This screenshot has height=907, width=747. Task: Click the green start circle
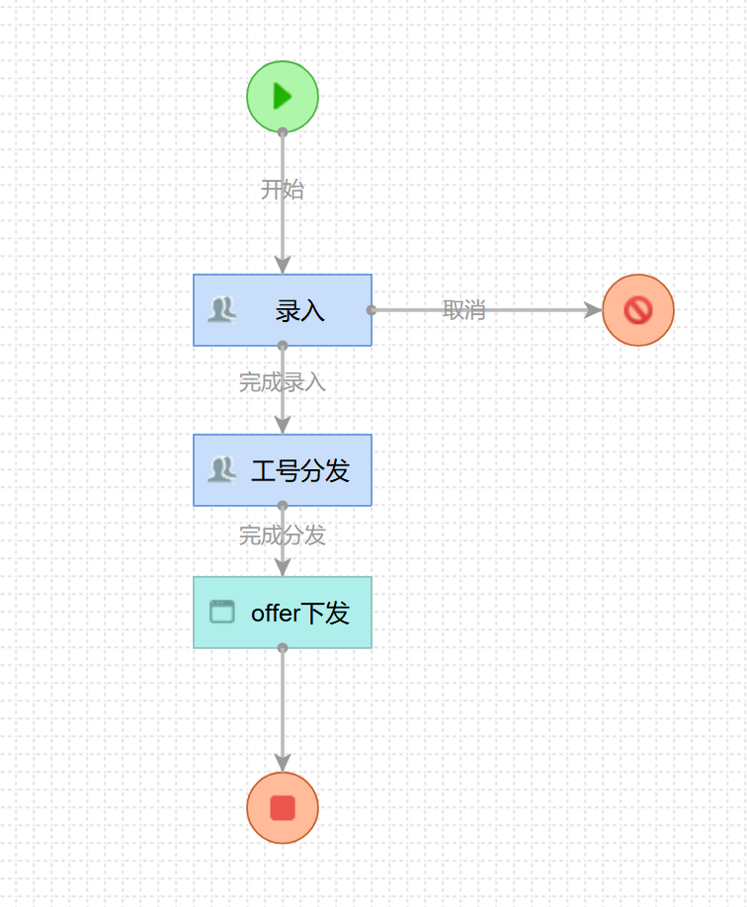pyautogui.click(x=283, y=96)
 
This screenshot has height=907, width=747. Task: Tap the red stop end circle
pyautogui.click(x=283, y=808)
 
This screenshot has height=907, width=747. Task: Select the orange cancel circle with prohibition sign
pyautogui.click(x=638, y=310)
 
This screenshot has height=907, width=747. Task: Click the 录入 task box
pyautogui.click(x=283, y=310)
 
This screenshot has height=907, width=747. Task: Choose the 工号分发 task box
pyautogui.click(x=283, y=470)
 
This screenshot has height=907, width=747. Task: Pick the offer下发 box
pyautogui.click(x=283, y=613)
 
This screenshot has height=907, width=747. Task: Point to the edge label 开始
pyautogui.click(x=283, y=190)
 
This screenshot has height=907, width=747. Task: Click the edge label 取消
pyautogui.click(x=463, y=310)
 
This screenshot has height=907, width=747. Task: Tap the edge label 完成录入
pyautogui.click(x=283, y=382)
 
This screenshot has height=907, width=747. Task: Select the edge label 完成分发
pyautogui.click(x=283, y=536)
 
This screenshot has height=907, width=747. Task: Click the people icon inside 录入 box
pyautogui.click(x=221, y=310)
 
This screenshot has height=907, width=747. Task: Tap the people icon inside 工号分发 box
pyautogui.click(x=221, y=469)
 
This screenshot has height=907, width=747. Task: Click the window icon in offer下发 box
pyautogui.click(x=222, y=613)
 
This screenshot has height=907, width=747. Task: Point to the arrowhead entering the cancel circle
pyautogui.click(x=593, y=310)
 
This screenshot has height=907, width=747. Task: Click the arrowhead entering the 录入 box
pyautogui.click(x=283, y=265)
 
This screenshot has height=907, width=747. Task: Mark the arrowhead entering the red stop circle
pyautogui.click(x=283, y=763)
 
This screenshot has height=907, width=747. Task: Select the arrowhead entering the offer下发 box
pyautogui.click(x=283, y=567)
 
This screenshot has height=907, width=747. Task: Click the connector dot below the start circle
pyautogui.click(x=283, y=131)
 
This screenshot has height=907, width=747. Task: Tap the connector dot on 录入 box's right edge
pyautogui.click(x=372, y=310)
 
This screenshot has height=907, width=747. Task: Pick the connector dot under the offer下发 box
pyautogui.click(x=283, y=648)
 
